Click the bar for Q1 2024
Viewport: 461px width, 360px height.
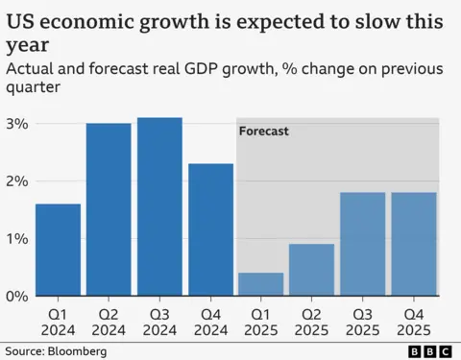pyautogui.click(x=58, y=250)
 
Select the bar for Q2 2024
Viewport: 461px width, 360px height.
pyautogui.click(x=109, y=209)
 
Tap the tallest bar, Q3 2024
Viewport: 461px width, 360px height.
pyautogui.click(x=159, y=206)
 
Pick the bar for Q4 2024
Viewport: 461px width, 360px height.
pyautogui.click(x=210, y=229)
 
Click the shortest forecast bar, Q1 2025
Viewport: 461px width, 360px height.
pyautogui.click(x=261, y=284)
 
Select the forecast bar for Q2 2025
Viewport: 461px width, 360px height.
pyautogui.click(x=312, y=270)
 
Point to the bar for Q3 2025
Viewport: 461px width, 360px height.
pyautogui.click(x=363, y=244)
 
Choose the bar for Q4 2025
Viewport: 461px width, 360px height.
pyautogui.click(x=414, y=244)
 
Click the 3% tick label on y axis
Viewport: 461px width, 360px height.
pyautogui.click(x=16, y=124)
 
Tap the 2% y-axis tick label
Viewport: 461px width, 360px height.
pyautogui.click(x=16, y=181)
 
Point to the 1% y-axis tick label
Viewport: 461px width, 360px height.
pyautogui.click(x=16, y=238)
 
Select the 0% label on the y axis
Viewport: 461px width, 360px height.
pyautogui.click(x=16, y=296)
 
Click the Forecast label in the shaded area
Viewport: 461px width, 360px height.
pyautogui.click(x=264, y=131)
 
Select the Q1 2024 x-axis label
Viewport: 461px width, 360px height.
pyautogui.click(x=58, y=321)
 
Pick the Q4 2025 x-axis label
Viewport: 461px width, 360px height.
pyautogui.click(x=414, y=321)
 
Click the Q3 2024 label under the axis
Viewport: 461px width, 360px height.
pyautogui.click(x=159, y=321)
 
